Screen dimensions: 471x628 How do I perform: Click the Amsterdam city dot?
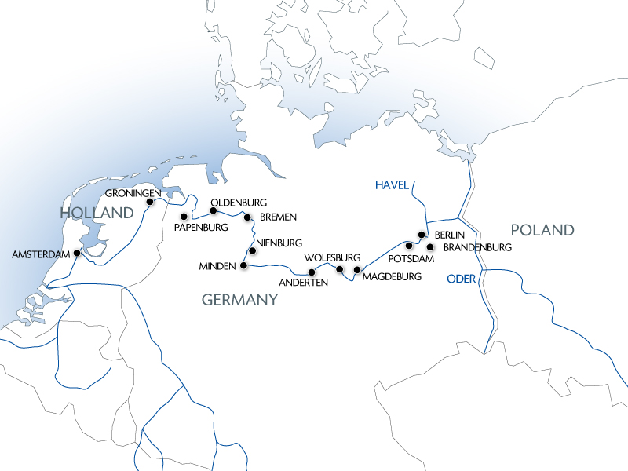coord(76,253)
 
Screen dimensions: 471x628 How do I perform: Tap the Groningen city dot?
coord(150,202)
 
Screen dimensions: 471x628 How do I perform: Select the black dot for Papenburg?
coord(184,217)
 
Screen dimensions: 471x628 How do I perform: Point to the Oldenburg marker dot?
coord(213,210)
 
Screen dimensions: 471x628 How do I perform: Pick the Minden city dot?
coord(243,265)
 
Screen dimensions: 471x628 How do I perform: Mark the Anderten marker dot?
coord(312,272)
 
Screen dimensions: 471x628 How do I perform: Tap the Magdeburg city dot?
coord(357,270)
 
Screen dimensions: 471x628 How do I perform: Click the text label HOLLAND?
coord(97,214)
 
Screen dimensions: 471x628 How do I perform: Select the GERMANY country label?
coord(239,299)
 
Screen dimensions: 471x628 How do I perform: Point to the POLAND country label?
coord(542,230)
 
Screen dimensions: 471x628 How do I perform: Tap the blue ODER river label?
coord(462,279)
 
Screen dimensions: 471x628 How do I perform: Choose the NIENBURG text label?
coord(279,244)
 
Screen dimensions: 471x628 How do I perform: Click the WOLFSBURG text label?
coord(332,257)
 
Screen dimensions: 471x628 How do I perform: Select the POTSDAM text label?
coord(412,259)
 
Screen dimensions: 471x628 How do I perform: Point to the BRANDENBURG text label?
coord(477,247)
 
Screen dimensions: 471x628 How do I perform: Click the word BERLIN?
coord(450,235)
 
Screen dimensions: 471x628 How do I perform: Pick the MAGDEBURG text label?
coord(392,276)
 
